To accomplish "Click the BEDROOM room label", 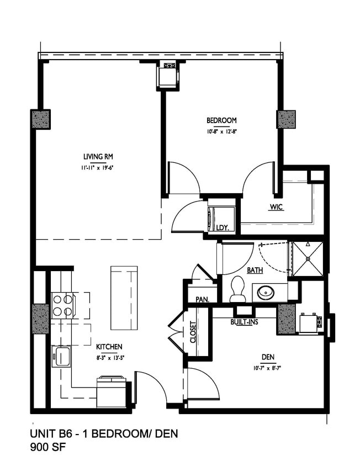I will tap(221, 120).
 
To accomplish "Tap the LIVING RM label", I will tap(98, 156).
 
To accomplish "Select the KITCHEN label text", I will tap(109, 347).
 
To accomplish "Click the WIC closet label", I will tap(277, 208).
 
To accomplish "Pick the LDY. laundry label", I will tap(222, 227).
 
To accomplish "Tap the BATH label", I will tap(255, 271).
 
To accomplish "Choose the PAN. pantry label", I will tap(201, 299).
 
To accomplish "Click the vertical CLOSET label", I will tap(193, 332).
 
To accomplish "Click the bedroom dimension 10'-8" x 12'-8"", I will tap(221, 131).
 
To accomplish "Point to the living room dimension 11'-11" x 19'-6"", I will tap(98, 167).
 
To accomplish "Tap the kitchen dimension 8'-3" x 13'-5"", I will tap(109, 357).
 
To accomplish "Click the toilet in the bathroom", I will tap(237, 288).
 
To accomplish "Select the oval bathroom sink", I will tap(267, 291).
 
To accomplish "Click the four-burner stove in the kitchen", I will tap(63, 305).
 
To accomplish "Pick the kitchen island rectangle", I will tap(124, 297).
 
